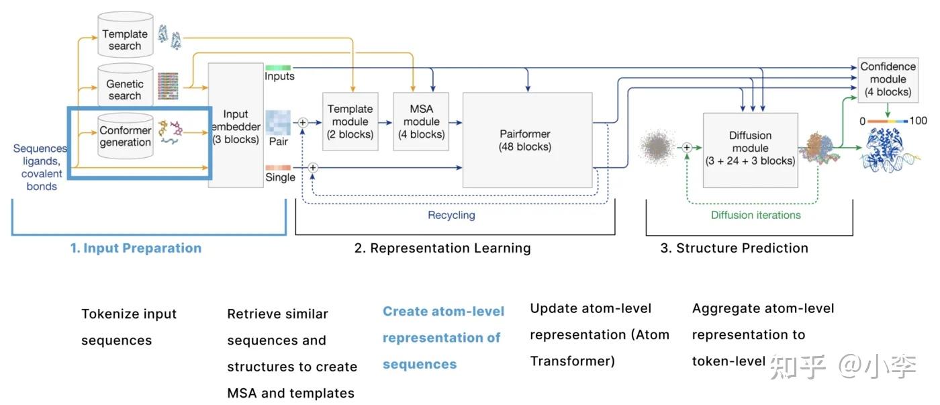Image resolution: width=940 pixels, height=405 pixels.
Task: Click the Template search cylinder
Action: (125, 34)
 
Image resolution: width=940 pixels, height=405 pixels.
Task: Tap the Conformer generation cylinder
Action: (125, 136)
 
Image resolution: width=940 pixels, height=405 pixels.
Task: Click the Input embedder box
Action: (236, 125)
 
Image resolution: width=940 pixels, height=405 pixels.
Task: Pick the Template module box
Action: (350, 122)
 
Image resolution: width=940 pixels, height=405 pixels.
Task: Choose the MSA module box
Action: (421, 122)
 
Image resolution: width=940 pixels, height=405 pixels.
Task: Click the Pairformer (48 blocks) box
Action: (528, 140)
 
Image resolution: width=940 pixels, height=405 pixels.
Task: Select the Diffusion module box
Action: (751, 150)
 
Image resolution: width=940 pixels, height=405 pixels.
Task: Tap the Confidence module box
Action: (888, 80)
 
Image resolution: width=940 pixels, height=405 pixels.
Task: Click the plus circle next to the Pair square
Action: (303, 122)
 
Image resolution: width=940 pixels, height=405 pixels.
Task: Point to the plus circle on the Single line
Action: (313, 168)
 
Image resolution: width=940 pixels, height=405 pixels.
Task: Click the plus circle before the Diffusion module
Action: (686, 148)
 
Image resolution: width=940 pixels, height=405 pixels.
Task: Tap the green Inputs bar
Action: (278, 68)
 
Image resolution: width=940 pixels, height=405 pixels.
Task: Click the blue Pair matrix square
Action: (278, 122)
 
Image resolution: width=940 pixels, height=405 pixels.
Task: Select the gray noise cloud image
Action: (657, 147)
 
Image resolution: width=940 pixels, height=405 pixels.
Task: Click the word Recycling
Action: (451, 215)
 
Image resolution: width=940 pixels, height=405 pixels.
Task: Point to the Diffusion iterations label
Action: (756, 215)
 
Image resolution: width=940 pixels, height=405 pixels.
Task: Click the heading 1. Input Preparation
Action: (136, 248)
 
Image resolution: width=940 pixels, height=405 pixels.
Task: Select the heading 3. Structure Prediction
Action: (735, 248)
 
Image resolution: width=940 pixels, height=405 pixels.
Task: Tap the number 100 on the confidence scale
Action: (919, 121)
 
